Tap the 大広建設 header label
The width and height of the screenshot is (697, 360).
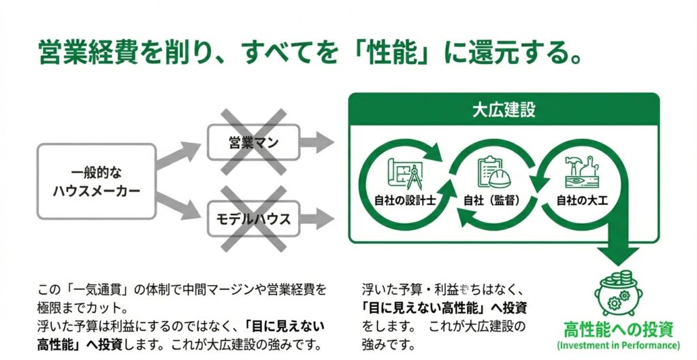click(x=504, y=110)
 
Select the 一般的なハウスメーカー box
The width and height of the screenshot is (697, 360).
click(x=97, y=181)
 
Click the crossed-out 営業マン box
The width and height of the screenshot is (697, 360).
click(x=253, y=143)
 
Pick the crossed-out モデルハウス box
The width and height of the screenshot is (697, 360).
click(x=253, y=219)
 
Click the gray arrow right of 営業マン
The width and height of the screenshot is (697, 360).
click(x=317, y=143)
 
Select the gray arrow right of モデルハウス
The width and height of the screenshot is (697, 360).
click(x=317, y=219)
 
